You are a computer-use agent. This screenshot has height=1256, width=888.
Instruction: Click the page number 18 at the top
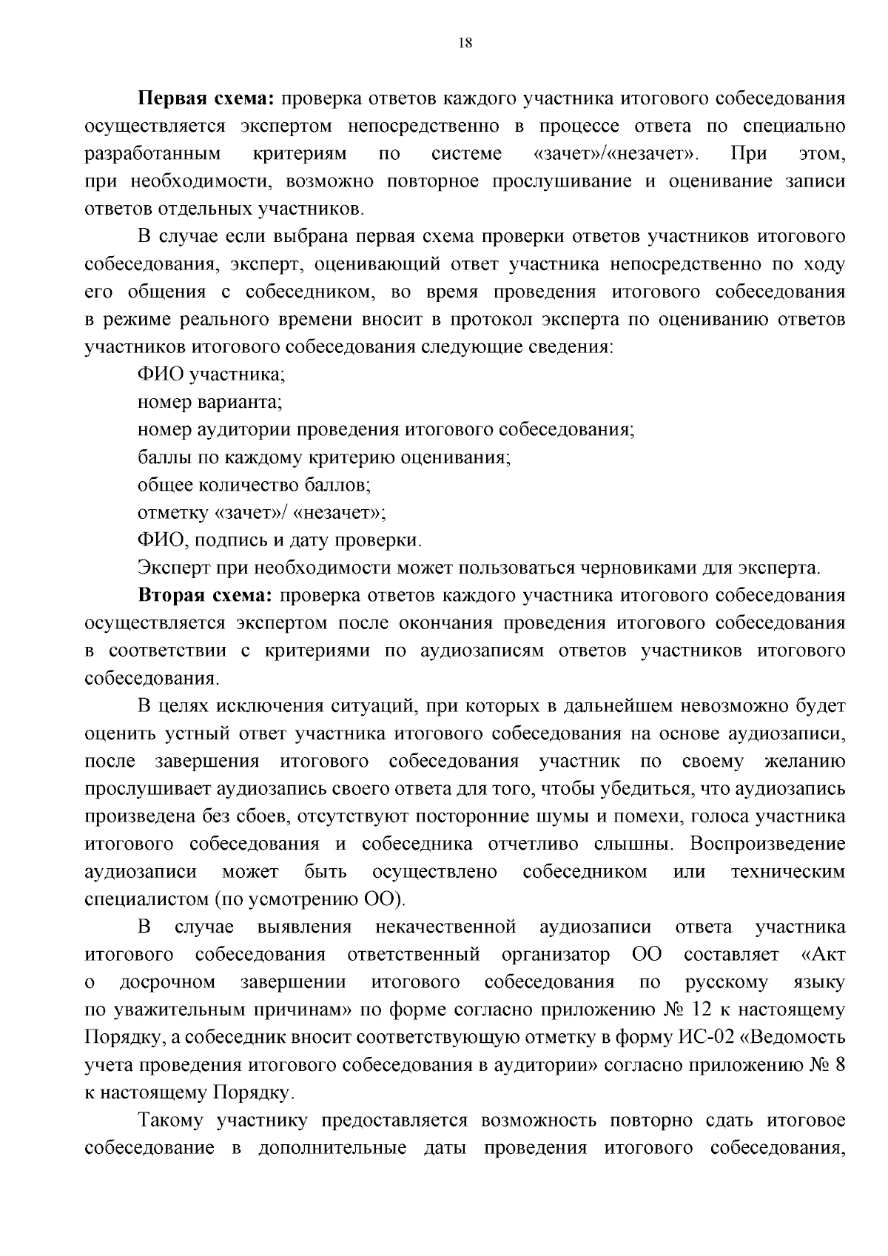tap(465, 43)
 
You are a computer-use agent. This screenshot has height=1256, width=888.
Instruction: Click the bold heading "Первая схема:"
tap(206, 98)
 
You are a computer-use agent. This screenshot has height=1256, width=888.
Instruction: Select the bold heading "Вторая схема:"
tap(206, 596)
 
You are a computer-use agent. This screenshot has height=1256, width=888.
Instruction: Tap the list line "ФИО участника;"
tap(211, 375)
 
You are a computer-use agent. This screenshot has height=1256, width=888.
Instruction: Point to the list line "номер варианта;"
tap(209, 402)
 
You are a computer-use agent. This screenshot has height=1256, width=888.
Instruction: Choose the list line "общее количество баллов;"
tap(254, 485)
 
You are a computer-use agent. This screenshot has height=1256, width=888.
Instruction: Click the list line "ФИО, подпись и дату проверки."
tap(279, 540)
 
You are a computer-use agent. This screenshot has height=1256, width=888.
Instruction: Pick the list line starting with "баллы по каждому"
tap(324, 457)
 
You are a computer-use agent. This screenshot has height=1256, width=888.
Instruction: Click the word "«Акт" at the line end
tap(823, 955)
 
